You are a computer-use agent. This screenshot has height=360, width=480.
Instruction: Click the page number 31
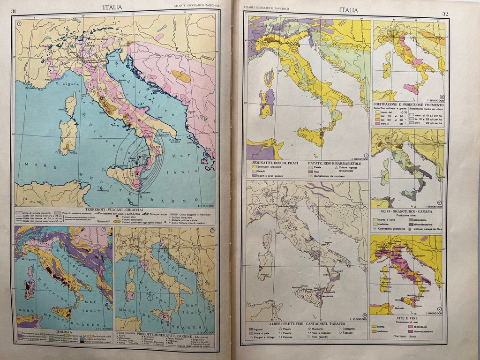pyautogui.click(x=14, y=11)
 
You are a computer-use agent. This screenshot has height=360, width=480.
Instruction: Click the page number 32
pyautogui.click(x=445, y=14)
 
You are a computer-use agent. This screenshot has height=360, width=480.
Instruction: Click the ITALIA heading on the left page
pyautogui.click(x=112, y=7)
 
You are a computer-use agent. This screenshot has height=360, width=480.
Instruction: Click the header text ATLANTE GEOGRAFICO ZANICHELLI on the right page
pyautogui.click(x=263, y=8)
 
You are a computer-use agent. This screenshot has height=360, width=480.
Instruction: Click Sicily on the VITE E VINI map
pyautogui.click(x=410, y=300)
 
